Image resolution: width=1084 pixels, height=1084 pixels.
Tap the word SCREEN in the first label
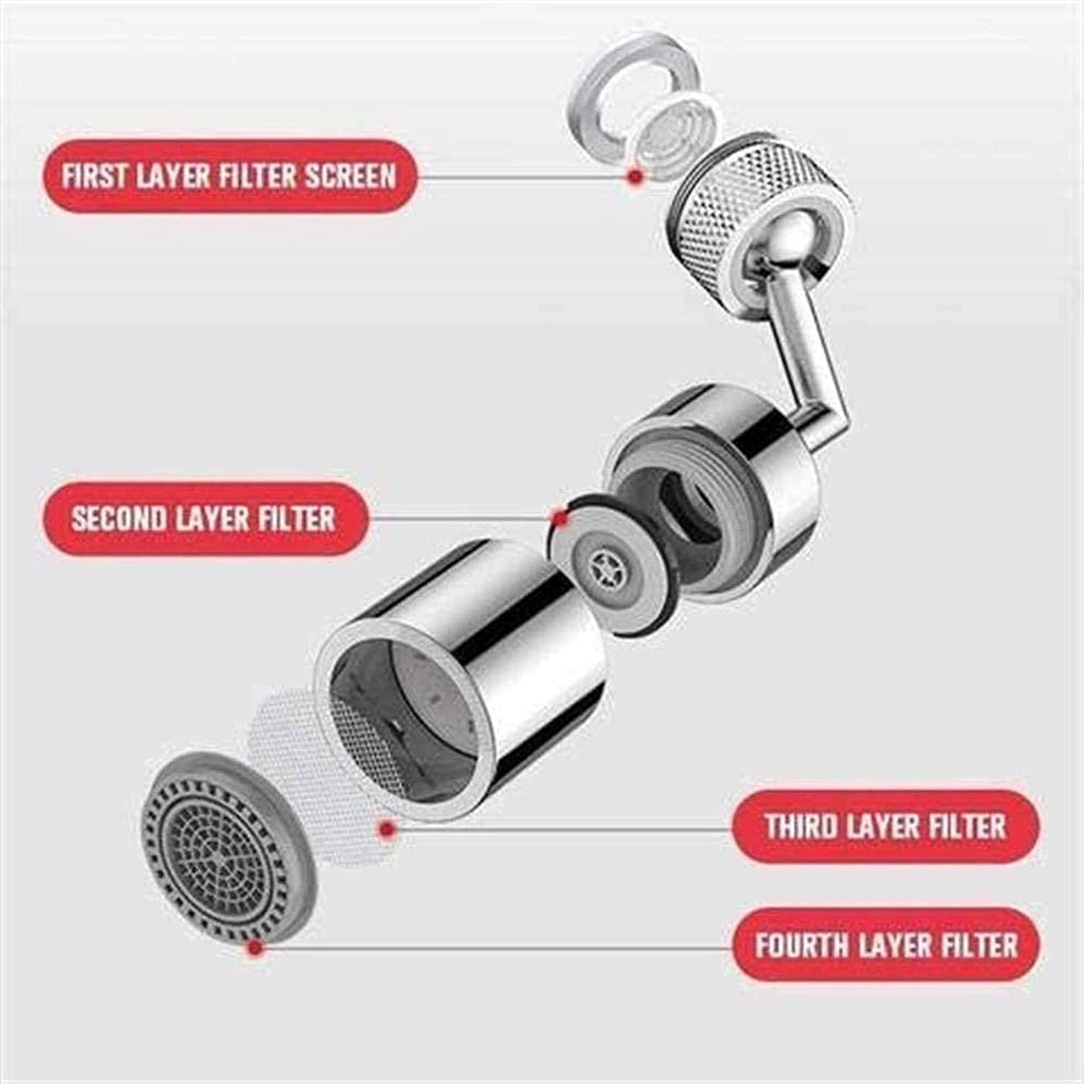(x=350, y=176)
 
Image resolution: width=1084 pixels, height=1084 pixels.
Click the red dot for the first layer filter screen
(x=635, y=176)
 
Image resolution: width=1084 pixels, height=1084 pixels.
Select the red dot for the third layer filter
(x=387, y=829)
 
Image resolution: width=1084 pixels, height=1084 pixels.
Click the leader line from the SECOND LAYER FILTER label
(x=455, y=517)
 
